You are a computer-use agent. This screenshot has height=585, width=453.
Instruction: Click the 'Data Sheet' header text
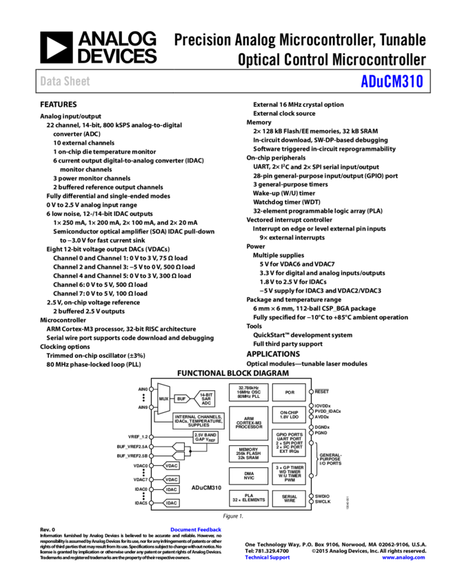(65, 81)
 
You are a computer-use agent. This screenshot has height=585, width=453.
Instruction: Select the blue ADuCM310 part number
(392, 81)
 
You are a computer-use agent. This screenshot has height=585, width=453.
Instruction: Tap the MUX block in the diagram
(163, 398)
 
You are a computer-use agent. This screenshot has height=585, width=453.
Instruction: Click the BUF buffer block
(181, 398)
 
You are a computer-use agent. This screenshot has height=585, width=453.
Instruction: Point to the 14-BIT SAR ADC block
(205, 398)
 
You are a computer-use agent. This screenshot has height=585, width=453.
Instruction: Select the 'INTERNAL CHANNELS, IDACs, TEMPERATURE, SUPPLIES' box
(199, 421)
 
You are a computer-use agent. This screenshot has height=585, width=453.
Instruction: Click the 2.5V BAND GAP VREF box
(205, 437)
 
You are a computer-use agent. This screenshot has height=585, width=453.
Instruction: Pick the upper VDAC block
(171, 466)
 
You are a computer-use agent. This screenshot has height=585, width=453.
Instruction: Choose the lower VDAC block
(171, 480)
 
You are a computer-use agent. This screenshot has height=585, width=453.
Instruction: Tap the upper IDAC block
(171, 489)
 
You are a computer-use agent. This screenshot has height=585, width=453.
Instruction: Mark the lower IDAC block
(171, 503)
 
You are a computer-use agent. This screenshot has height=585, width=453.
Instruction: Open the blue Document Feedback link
(196, 529)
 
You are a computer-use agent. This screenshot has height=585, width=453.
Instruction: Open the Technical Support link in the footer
(268, 557)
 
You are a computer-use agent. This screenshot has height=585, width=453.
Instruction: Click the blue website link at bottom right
(403, 557)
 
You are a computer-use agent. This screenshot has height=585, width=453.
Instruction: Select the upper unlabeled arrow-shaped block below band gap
(179, 447)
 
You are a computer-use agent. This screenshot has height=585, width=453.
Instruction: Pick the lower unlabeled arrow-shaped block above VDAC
(179, 456)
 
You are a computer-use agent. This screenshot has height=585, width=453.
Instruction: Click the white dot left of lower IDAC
(151, 503)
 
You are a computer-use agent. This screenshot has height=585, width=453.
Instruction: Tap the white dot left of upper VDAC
(151, 466)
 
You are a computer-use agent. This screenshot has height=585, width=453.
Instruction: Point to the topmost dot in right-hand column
(311, 392)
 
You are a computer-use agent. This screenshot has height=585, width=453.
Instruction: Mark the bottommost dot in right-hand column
(311, 502)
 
